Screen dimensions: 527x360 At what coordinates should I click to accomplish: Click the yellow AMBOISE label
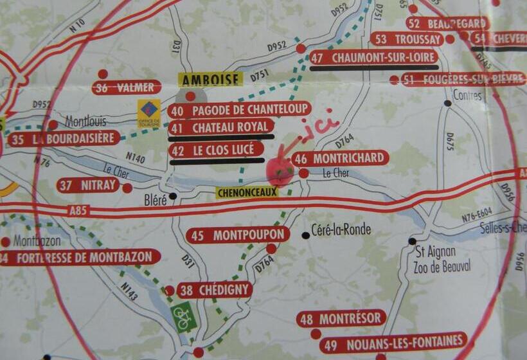coord(210,80)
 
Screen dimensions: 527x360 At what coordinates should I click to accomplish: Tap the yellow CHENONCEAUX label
coord(247,192)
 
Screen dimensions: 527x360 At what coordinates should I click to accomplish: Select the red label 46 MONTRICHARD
coord(340,158)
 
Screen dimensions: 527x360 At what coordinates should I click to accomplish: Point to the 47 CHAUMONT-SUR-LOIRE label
coord(374,57)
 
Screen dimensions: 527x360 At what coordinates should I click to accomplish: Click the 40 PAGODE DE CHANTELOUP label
coord(240,109)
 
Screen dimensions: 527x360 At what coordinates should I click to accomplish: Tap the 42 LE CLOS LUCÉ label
coord(217,150)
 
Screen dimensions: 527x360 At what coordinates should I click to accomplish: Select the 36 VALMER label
coord(127,87)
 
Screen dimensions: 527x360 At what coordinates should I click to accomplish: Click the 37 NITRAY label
coord(88,186)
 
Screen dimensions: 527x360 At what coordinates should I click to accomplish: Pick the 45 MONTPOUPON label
coord(238,235)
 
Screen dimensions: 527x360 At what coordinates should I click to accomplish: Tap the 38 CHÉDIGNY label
coord(213,291)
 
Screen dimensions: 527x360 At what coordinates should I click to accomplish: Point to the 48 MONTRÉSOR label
coord(341,318)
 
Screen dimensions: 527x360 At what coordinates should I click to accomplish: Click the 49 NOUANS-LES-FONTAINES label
coord(393,341)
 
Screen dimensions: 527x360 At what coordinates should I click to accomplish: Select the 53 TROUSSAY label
coord(407,39)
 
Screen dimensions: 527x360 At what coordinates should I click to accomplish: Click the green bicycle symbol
coord(184,316)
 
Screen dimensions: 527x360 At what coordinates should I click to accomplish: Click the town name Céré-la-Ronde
coord(340,230)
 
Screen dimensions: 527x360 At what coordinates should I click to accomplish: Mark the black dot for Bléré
coord(172,197)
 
